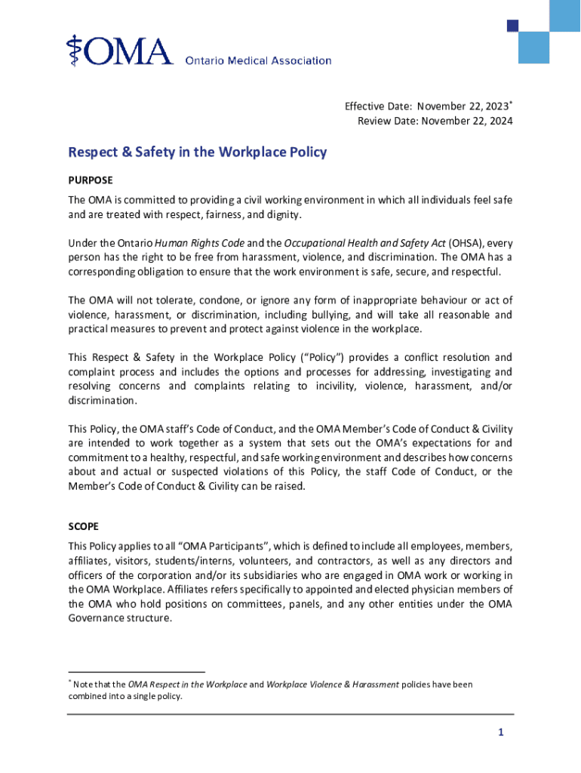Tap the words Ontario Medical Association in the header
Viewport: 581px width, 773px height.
point(258,60)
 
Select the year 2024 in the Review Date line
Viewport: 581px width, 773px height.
point(498,121)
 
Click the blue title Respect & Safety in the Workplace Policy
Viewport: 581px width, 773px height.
point(197,152)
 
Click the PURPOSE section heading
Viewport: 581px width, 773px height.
point(91,180)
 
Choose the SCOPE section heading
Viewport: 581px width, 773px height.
point(83,525)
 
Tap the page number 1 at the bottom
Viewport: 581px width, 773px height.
point(500,733)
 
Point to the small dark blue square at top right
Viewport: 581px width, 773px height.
point(512,26)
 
